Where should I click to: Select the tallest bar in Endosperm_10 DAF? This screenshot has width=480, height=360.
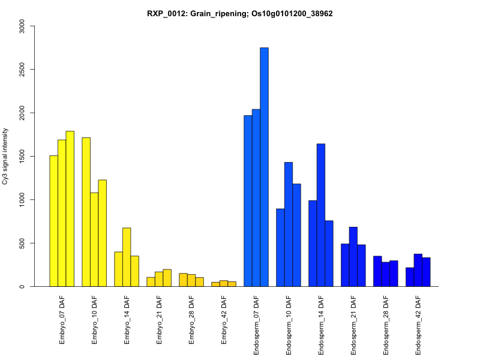pos(289,224)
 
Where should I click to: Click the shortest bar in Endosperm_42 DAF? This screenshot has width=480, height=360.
pos(410,277)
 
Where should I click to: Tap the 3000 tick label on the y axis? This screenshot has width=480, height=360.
pos(22,26)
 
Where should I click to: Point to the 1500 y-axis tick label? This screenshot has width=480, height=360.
pos(22,156)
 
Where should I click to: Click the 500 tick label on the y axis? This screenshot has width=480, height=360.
pos(22,243)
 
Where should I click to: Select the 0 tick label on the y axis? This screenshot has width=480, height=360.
pos(22,286)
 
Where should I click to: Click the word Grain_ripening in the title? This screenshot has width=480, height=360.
pos(217,13)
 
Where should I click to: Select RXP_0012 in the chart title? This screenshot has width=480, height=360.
pos(166,13)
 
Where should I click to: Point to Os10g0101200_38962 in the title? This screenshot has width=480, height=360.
pos(292,13)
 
